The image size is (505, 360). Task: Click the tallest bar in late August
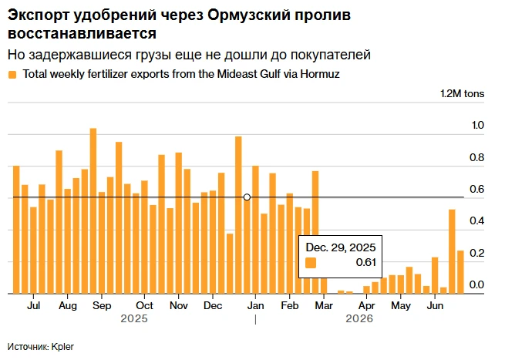coord(93,211)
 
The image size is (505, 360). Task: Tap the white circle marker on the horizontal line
coord(247,197)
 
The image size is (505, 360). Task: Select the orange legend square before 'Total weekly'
coord(12,75)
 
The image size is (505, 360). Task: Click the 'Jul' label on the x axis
coord(33,305)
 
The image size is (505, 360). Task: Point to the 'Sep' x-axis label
coord(102,305)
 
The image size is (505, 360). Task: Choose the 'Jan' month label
coord(255,305)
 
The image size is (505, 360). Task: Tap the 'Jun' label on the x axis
coord(435,305)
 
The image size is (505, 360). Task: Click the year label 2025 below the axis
coord(134,318)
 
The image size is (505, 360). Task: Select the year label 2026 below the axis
coord(359,318)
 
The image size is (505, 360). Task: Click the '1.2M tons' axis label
coord(462,94)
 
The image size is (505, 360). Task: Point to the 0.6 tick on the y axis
coord(476,189)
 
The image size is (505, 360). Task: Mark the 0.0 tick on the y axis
coord(476,284)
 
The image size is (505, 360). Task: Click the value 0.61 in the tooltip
coord(366,262)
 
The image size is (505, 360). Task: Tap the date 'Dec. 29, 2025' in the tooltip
coord(341,247)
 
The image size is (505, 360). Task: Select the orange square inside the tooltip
coord(311,263)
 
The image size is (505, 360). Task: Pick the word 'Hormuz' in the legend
coord(320,74)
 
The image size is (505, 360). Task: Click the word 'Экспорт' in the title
coord(39,15)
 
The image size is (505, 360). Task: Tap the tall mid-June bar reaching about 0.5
coord(452,251)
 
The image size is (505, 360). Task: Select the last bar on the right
coord(460,272)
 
